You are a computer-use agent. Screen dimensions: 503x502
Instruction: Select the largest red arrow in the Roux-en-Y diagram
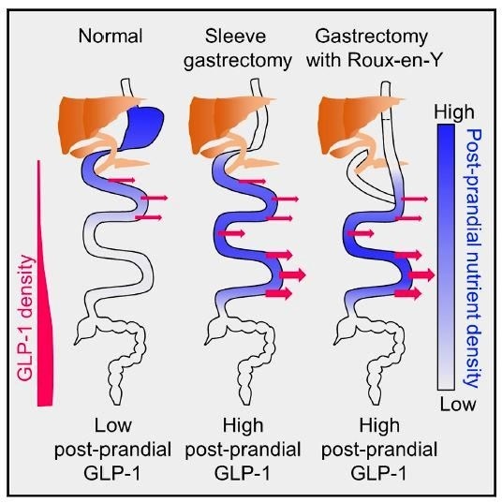[420, 274]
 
